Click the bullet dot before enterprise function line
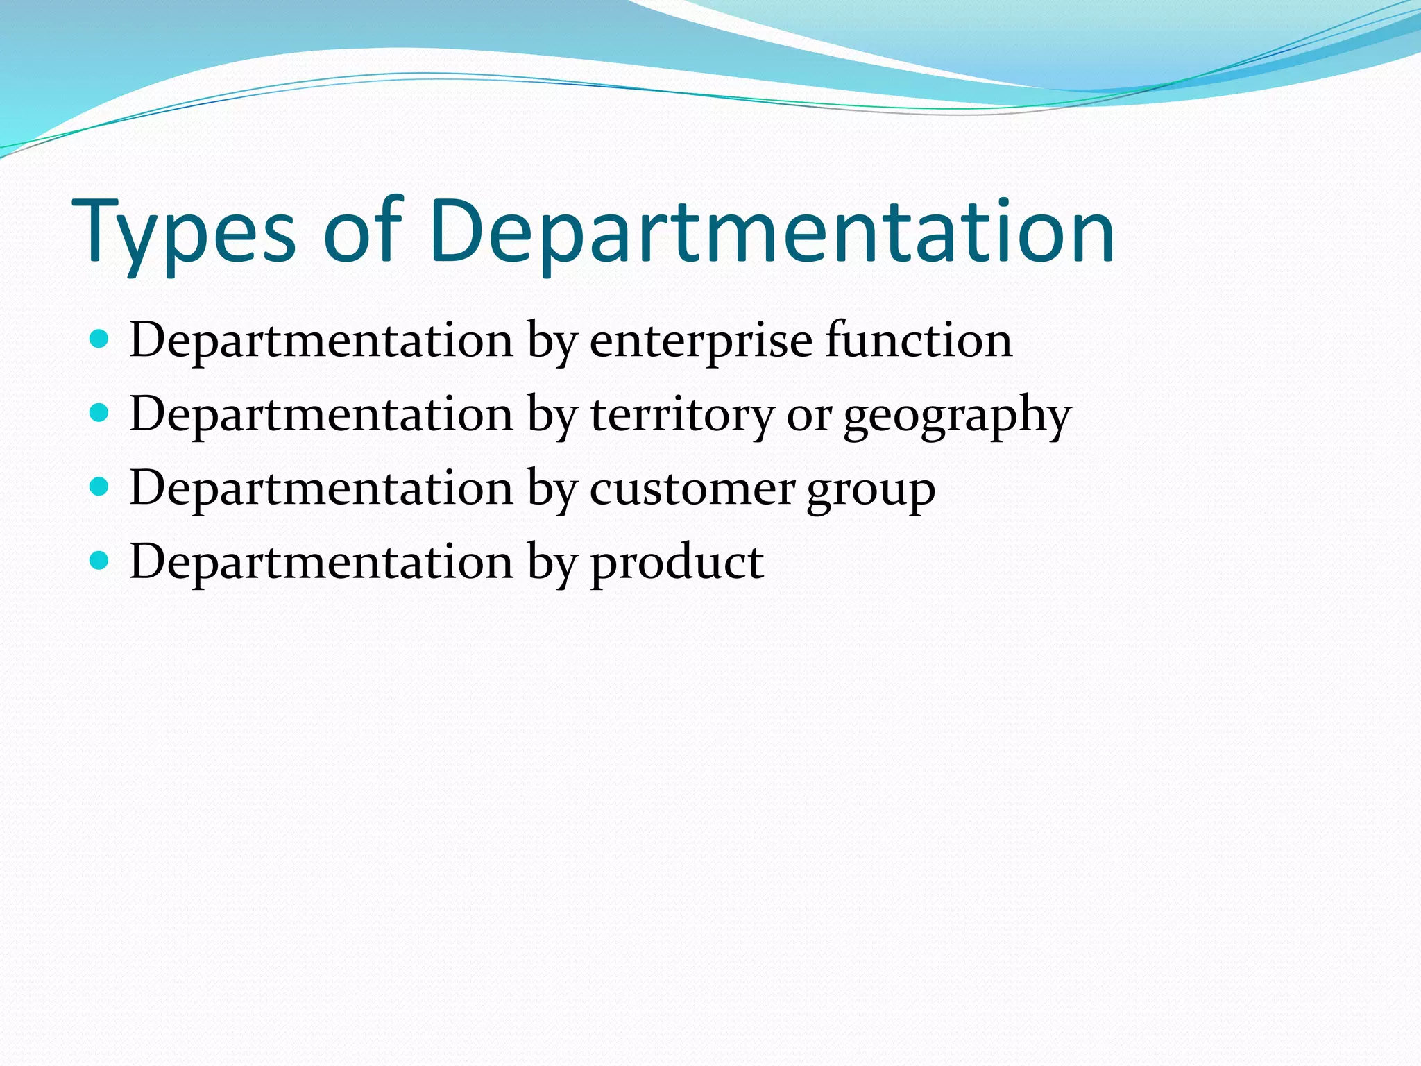coord(100,339)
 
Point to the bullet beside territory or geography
coord(100,414)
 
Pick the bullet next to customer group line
coord(100,487)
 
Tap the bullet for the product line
coord(100,561)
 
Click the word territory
coord(681,415)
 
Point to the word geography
coord(958,416)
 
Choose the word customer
coord(692,489)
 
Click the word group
coord(871,491)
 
